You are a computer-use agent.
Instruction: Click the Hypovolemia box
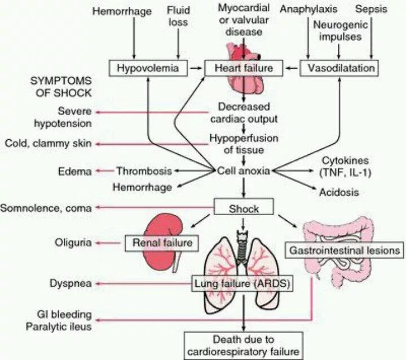tap(148, 69)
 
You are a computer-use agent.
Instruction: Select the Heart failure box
tap(243, 69)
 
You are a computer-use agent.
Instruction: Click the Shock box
tap(244, 207)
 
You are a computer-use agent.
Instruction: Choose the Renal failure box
tap(162, 243)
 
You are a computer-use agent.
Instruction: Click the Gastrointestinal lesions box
tap(345, 248)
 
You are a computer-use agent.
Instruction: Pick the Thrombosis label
tap(143, 171)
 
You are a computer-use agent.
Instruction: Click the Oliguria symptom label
tap(72, 243)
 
